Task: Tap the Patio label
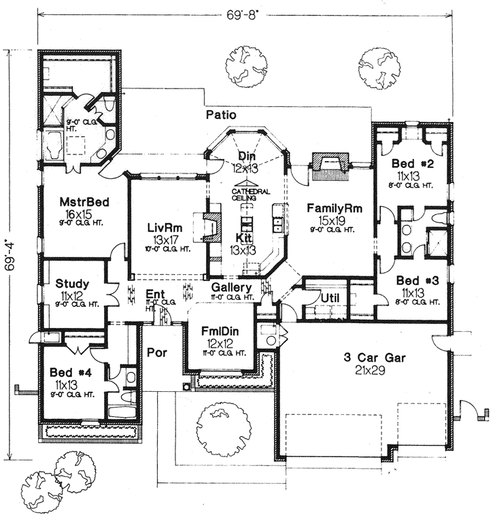click(222, 116)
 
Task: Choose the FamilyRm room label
click(333, 208)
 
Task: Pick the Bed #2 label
click(409, 164)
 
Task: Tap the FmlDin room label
click(220, 331)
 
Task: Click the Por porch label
click(157, 354)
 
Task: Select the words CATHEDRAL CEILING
click(245, 195)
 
